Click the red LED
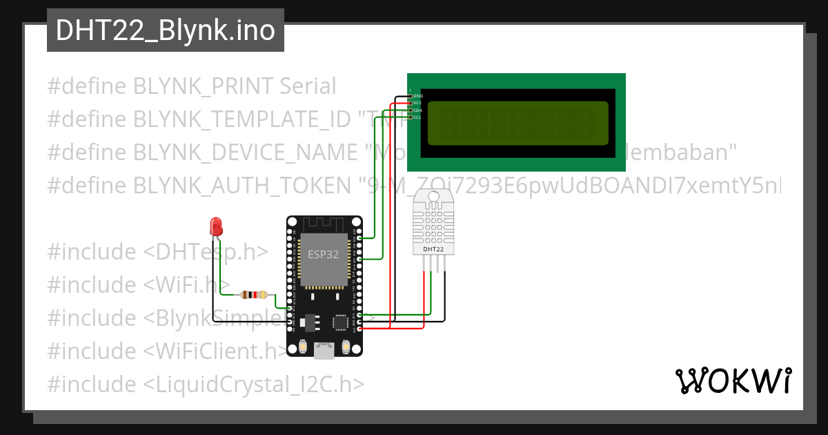click(216, 225)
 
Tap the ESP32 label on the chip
click(323, 254)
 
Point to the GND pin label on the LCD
click(417, 95)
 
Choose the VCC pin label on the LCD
click(417, 103)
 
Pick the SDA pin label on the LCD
click(417, 110)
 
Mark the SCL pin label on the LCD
click(417, 117)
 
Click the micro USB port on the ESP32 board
click(324, 351)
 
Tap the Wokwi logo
click(733, 381)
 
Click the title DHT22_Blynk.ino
click(166, 30)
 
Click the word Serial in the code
click(308, 86)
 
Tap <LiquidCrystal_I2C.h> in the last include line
click(254, 384)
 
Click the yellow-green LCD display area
click(517, 124)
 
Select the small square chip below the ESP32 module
click(341, 322)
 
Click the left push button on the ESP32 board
click(302, 347)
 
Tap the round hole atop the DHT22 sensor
click(434, 197)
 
